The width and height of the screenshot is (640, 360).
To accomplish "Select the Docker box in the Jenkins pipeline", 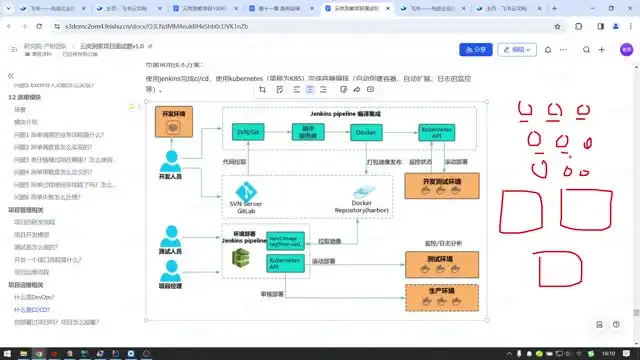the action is tap(363, 132).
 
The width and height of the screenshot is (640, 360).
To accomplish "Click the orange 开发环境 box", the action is tap(174, 117).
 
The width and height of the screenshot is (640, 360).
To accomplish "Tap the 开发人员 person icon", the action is tap(173, 163).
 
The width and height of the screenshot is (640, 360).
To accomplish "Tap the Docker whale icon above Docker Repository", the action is tap(362, 192).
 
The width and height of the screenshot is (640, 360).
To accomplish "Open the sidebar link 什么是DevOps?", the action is tap(34, 298).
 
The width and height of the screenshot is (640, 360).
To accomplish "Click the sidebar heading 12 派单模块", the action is tap(29, 98).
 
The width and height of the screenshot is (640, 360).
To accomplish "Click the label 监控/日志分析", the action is tap(445, 243).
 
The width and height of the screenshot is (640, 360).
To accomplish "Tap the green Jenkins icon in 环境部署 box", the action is tap(241, 258).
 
